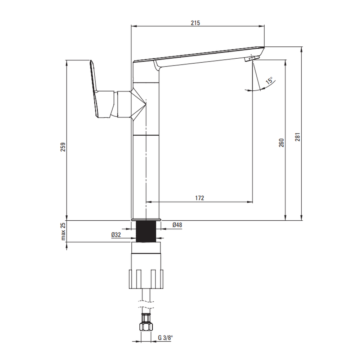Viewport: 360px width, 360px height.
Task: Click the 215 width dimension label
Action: pos(195,23)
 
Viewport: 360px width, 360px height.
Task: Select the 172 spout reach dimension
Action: pos(199,198)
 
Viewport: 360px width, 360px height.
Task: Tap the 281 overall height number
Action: pos(298,137)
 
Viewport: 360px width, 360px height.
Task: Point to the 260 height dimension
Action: pos(282,143)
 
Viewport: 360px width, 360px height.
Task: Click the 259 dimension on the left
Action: pos(63,147)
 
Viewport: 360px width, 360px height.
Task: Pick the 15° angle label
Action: pos(270,81)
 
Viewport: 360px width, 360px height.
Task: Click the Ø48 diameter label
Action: pos(177,225)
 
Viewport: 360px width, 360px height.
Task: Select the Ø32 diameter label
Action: pos(116,235)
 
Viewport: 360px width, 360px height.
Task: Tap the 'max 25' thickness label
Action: pos(63,231)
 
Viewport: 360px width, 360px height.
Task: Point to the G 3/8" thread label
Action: pos(165,338)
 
